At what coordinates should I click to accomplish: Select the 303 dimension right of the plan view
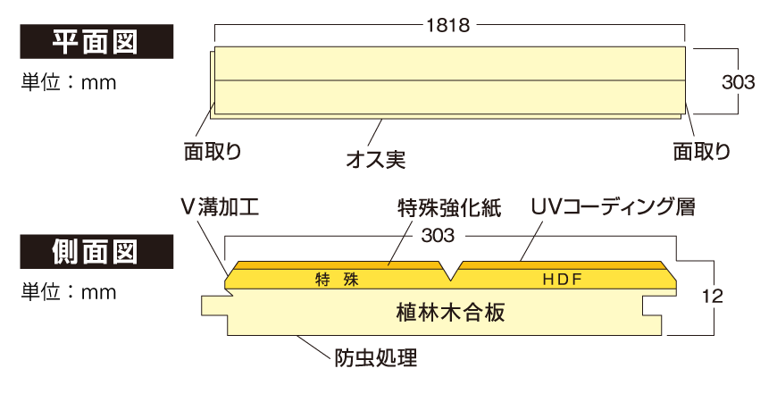738,82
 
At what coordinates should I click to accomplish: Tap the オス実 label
375,161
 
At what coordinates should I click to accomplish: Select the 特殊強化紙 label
449,208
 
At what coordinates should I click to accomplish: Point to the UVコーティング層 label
613,208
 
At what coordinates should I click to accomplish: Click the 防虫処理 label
375,359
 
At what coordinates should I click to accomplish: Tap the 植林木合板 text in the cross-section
450,313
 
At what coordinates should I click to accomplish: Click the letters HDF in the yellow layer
563,280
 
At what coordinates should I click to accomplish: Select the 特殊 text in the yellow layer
337,280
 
